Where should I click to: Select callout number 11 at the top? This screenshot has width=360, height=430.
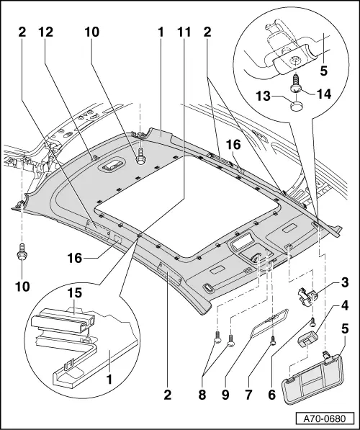point(184,32)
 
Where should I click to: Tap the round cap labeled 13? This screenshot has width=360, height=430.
point(296,106)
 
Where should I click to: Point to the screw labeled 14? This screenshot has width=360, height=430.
point(297,86)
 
